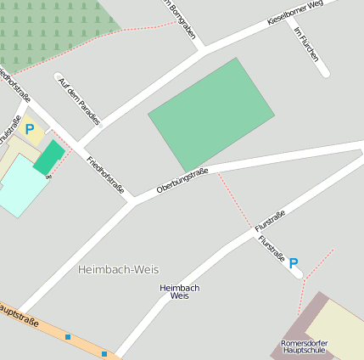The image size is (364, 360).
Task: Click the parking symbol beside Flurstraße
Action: pos(294,263)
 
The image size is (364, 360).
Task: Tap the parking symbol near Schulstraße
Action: pos(30,130)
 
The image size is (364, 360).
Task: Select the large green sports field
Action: pos(211,115)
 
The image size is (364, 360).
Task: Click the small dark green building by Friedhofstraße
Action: pos(48,158)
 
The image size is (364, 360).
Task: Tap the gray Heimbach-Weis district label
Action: pos(118,269)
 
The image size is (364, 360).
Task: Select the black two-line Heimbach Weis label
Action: pos(179,292)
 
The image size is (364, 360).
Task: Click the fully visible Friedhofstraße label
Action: pos(105,175)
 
